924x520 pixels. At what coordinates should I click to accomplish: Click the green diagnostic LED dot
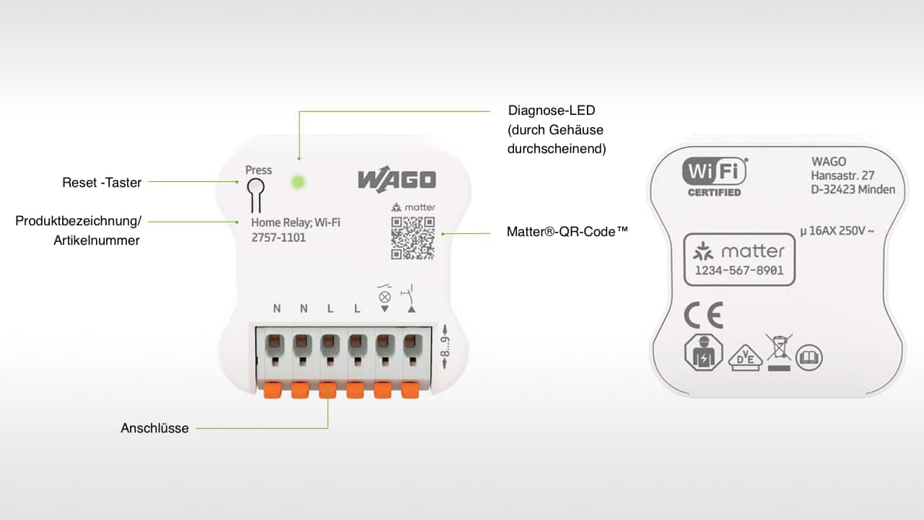(297, 181)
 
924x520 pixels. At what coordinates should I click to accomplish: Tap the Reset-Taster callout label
(102, 183)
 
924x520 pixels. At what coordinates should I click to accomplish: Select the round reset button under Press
(255, 187)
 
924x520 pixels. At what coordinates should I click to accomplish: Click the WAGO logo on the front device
(396, 180)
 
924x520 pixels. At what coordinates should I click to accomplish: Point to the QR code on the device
(413, 238)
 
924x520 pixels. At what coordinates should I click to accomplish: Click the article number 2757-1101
(279, 238)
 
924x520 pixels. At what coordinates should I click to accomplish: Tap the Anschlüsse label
(154, 428)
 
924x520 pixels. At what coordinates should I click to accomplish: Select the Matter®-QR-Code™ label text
(567, 232)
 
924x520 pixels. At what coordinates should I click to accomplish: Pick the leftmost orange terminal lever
(272, 390)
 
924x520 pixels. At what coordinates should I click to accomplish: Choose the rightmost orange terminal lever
(410, 390)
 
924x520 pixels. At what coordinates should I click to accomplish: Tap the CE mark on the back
(703, 316)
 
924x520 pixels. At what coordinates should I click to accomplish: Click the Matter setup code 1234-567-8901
(739, 271)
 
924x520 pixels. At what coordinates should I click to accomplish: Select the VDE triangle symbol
(745, 357)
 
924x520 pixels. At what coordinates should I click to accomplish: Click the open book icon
(809, 357)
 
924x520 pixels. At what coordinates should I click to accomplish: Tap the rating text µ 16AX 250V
(837, 232)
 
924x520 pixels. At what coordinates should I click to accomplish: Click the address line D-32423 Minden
(853, 190)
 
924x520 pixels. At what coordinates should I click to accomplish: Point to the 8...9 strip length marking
(446, 349)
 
